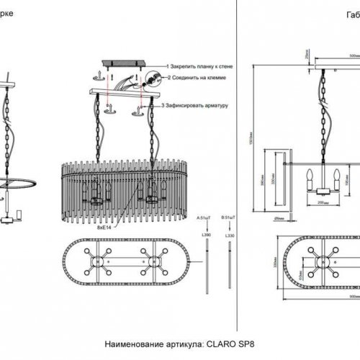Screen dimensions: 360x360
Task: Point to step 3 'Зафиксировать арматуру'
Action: tap(196, 106)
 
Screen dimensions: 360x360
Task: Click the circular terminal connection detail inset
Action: tap(153, 78)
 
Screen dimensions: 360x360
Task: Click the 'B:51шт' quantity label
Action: tap(230, 215)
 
